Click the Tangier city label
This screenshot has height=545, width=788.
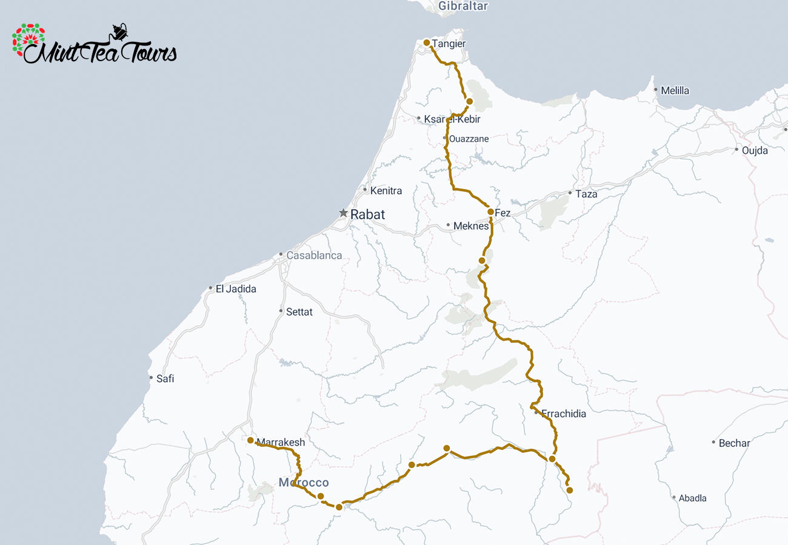click(x=449, y=44)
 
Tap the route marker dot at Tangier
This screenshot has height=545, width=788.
click(x=427, y=42)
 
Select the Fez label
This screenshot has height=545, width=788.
click(x=503, y=213)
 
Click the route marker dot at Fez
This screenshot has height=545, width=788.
click(x=490, y=212)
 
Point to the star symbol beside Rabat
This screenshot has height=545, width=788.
click(x=343, y=213)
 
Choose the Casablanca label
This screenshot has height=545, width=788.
click(x=314, y=256)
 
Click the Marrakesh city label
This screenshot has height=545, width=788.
click(x=281, y=443)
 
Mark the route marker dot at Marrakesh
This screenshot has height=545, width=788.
click(x=250, y=440)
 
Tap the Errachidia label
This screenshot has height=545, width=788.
click(x=564, y=414)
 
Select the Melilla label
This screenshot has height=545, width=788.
click(x=675, y=91)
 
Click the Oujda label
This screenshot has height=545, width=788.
click(x=755, y=150)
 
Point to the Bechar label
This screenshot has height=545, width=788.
click(x=734, y=443)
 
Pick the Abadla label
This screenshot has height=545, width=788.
click(x=692, y=498)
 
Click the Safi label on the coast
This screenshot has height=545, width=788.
click(x=165, y=379)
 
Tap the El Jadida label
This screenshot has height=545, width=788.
click(x=236, y=289)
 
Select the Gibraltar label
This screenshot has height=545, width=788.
click(x=463, y=6)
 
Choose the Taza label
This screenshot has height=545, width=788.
click(x=586, y=194)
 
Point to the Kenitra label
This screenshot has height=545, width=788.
click(x=386, y=191)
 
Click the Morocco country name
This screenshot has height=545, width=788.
click(x=304, y=483)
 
